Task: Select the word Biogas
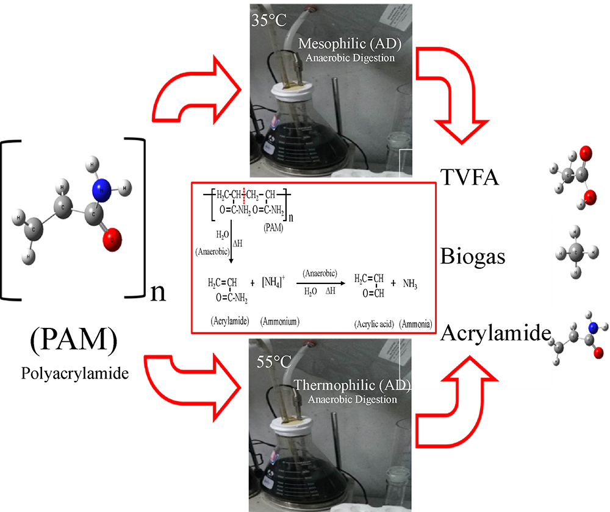(474, 256)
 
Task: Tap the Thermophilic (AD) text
(352, 386)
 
